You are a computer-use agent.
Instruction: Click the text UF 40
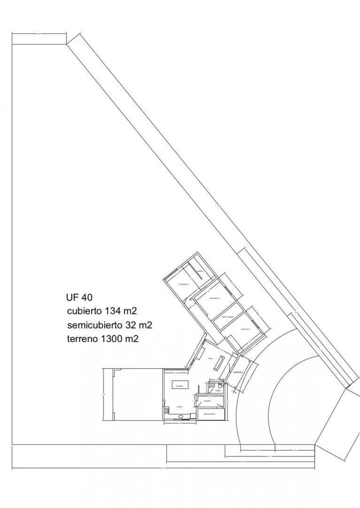pos(79,297)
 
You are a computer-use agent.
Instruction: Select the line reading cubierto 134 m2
pos(102,311)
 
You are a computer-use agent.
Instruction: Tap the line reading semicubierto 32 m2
pos(109,325)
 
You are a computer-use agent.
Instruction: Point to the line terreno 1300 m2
pos(102,339)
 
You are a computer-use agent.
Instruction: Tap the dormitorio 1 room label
pos(245,329)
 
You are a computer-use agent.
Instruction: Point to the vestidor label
pos(200,271)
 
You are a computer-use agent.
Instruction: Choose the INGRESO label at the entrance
pos(238,372)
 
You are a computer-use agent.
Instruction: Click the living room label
pos(211,358)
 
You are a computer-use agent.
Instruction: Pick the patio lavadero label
pos(210,414)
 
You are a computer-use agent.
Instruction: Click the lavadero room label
pos(207,401)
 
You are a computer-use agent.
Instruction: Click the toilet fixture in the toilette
pos(220,386)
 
